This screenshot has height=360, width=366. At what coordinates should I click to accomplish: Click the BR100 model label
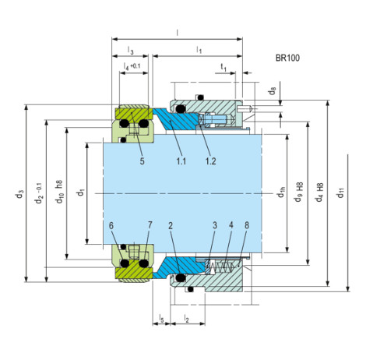point(287,58)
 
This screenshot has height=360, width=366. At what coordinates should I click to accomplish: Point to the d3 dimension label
point(20,194)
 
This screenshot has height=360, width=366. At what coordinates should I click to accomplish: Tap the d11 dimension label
point(340,192)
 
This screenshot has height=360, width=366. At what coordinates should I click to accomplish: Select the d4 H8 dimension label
point(319,192)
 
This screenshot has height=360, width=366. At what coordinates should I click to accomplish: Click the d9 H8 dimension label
point(299,192)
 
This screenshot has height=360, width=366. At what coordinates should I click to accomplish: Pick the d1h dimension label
point(281,192)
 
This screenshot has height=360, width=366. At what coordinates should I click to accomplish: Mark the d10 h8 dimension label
point(60,192)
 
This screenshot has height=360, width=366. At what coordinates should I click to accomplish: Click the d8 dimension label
point(272,91)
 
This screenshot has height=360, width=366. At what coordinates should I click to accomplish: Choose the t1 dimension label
point(223,67)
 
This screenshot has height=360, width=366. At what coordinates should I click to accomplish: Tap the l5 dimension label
point(161,319)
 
